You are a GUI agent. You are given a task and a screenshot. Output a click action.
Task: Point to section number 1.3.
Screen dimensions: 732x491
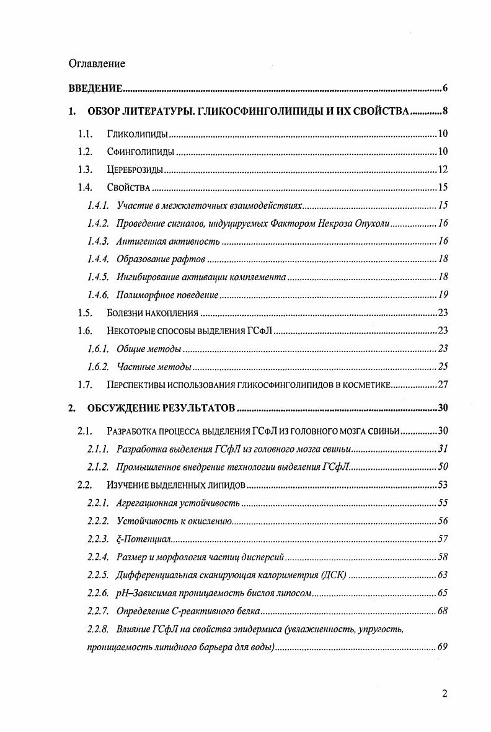(x=84, y=170)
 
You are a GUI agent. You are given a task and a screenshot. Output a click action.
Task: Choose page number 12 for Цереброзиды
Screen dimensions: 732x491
(x=443, y=170)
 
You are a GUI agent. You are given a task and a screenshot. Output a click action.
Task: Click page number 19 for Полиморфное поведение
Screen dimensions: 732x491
(x=443, y=295)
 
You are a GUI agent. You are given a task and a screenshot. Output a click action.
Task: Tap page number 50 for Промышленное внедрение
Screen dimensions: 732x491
(x=443, y=467)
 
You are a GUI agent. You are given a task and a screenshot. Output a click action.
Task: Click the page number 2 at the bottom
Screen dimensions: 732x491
(x=445, y=694)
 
